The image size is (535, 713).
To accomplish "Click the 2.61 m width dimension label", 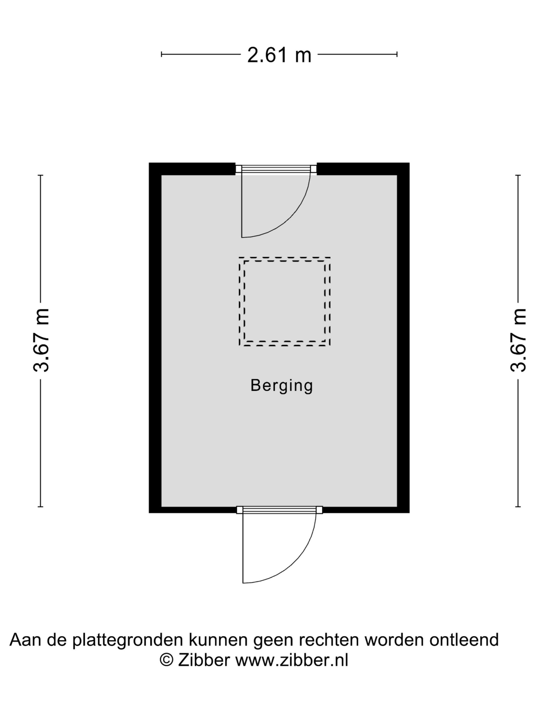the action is (x=279, y=55).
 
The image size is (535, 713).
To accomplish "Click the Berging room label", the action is (x=282, y=386).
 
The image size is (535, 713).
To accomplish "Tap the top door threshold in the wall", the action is (x=276, y=169).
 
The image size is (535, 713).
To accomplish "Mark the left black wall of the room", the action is (x=155, y=338).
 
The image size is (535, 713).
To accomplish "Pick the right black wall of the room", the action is (x=403, y=338).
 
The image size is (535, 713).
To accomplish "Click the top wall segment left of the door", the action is (x=192, y=169).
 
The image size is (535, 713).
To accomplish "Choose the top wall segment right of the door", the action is (x=363, y=169).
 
